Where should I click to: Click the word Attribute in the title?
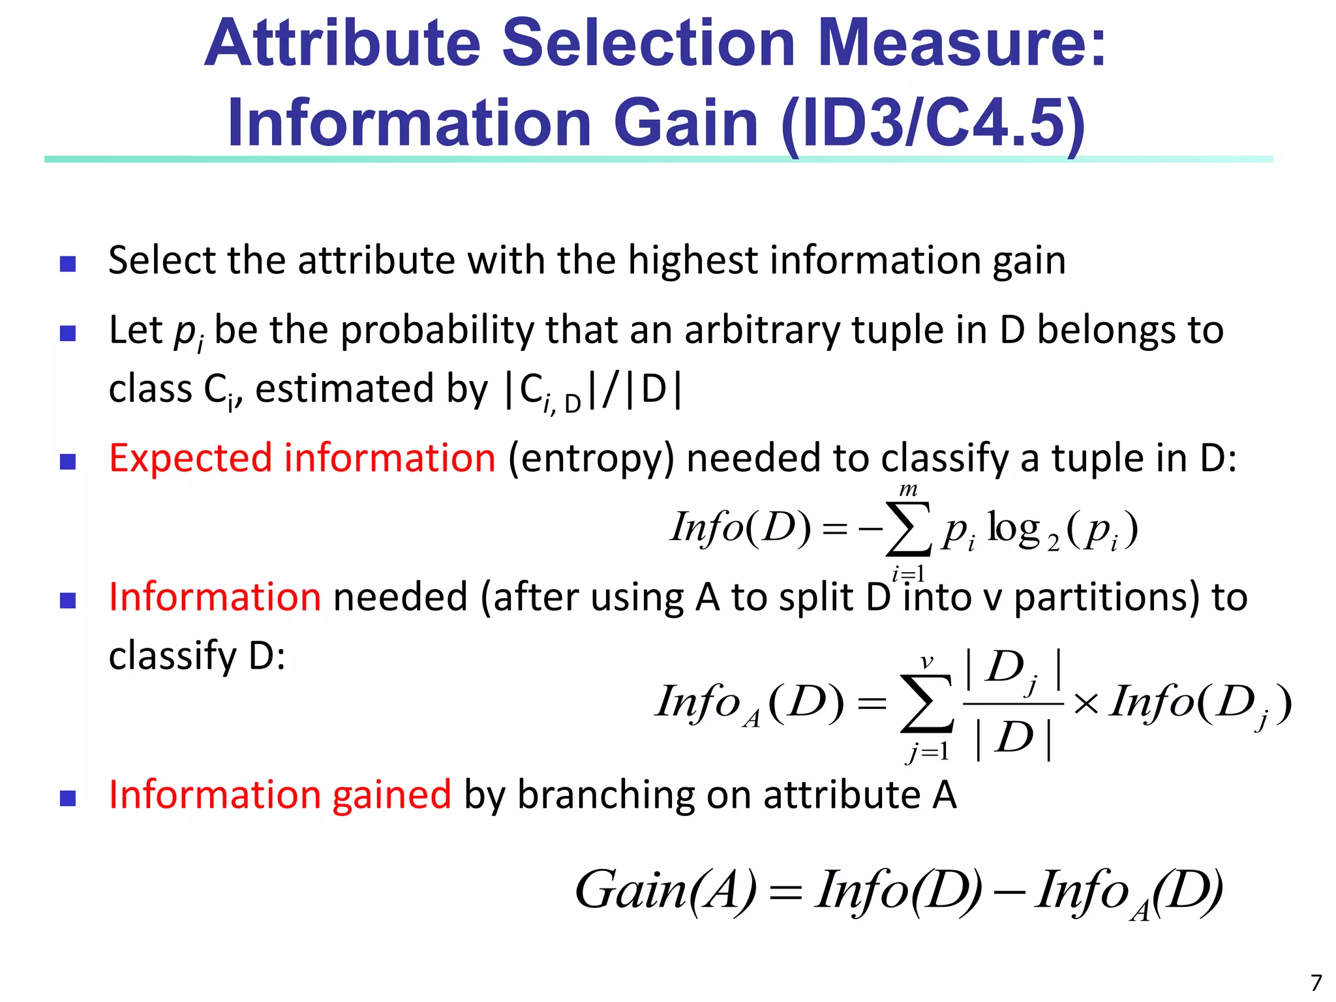343,43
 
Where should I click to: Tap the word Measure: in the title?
962,43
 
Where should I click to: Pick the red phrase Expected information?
302,458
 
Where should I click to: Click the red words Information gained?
280,795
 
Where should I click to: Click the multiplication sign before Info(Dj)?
1085,704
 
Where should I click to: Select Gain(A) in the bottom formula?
665,890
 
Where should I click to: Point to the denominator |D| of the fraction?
1013,738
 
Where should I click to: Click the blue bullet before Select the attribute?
68,264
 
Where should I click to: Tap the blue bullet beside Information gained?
68,798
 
